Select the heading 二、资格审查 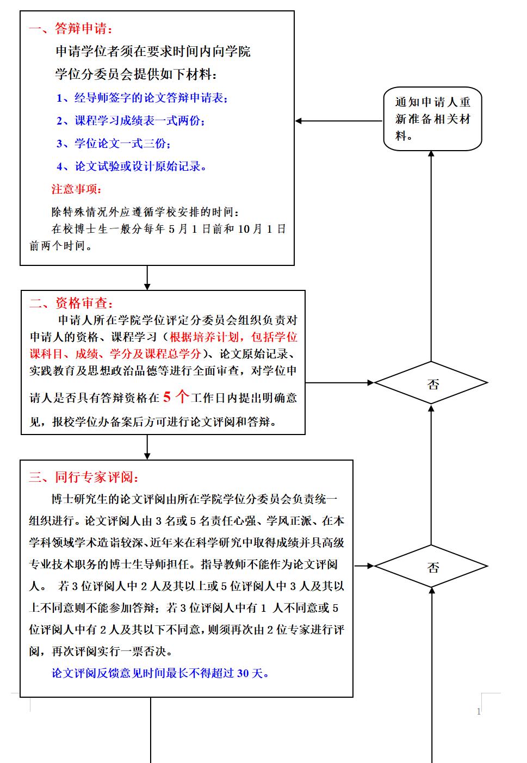click(x=71, y=302)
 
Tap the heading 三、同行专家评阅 click(x=83, y=477)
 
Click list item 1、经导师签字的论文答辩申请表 click(x=142, y=98)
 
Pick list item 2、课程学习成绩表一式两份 click(x=131, y=121)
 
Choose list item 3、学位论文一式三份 click(x=114, y=144)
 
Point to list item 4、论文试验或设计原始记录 click(x=131, y=166)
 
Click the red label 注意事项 click(x=76, y=189)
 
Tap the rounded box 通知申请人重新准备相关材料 click(x=432, y=119)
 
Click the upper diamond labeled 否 click(x=431, y=382)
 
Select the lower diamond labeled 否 click(x=431, y=566)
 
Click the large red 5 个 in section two click(x=176, y=396)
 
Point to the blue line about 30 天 click(x=160, y=673)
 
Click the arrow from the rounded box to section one click(x=339, y=121)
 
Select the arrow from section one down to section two click(x=147, y=277)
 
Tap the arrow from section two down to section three click(x=147, y=447)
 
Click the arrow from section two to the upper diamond click(x=339, y=382)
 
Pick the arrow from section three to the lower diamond click(x=364, y=566)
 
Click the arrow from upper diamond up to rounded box click(x=431, y=256)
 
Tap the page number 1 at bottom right click(x=479, y=711)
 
